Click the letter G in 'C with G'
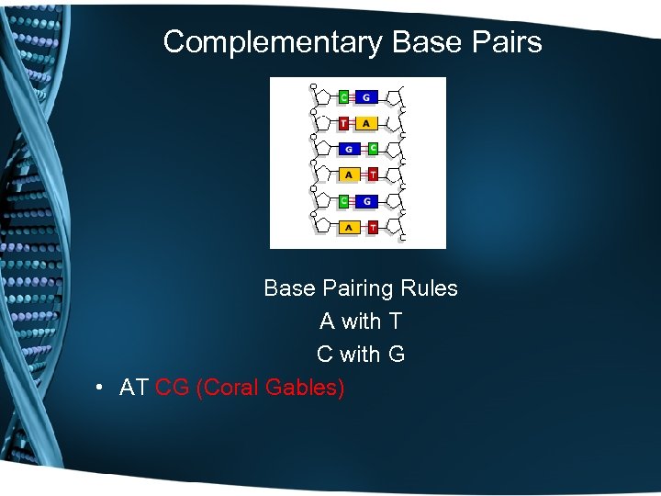pos(397,355)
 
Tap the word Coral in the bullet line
pos(230,388)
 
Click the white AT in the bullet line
pos(134,388)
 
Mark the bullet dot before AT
pos(98,389)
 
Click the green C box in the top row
pos(343,96)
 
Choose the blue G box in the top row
pos(365,96)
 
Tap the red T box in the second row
pos(343,123)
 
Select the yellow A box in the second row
pos(365,123)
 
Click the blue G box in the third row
pos(349,149)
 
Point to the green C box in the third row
pos(372,149)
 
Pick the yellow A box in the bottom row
pos(349,227)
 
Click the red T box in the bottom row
pos(372,227)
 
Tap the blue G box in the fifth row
pos(365,201)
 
